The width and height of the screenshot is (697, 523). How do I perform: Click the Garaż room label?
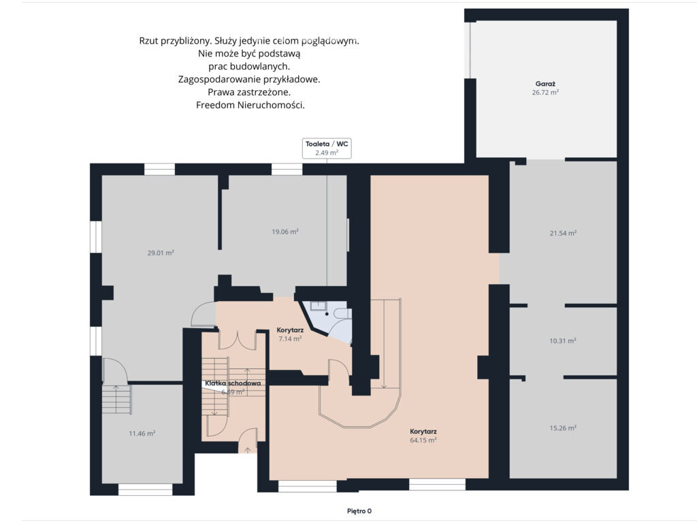[x=545, y=84]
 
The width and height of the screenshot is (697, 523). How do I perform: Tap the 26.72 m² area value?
[x=545, y=93]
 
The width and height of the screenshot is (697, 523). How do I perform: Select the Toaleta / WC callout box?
[x=327, y=148]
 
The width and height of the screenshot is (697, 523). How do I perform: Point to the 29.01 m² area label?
[x=161, y=253]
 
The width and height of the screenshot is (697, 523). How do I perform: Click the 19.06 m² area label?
[x=285, y=232]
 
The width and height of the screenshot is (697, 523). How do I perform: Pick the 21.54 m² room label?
[x=563, y=233]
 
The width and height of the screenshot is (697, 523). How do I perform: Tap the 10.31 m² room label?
[x=563, y=341]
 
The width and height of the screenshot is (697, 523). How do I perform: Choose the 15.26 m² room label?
[x=563, y=428]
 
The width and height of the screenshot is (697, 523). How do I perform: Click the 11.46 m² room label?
[x=142, y=433]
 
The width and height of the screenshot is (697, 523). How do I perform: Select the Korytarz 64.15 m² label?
[x=423, y=436]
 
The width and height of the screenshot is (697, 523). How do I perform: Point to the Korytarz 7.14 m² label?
[x=290, y=334]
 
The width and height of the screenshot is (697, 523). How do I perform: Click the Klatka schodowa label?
[x=233, y=383]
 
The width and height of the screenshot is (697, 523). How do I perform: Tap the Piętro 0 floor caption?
[x=359, y=511]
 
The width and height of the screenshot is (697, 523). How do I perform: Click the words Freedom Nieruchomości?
[x=250, y=106]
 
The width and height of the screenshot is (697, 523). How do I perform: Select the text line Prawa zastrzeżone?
[x=249, y=93]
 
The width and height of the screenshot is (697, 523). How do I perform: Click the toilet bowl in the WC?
[x=342, y=313]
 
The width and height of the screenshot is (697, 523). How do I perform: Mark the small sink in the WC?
[x=319, y=305]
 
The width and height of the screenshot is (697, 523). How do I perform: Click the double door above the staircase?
[x=237, y=340]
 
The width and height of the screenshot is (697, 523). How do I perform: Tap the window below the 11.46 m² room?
[x=146, y=490]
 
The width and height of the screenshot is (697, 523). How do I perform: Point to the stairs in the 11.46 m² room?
[x=116, y=399]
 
